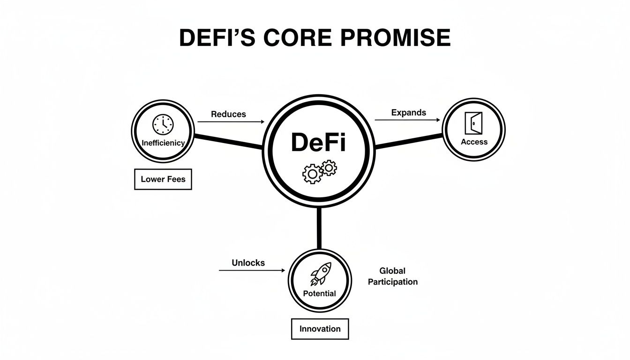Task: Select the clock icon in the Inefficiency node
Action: pyautogui.click(x=163, y=125)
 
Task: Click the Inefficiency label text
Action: pyautogui.click(x=163, y=142)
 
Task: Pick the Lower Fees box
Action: pyautogui.click(x=163, y=180)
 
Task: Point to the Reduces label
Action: pyautogui.click(x=228, y=114)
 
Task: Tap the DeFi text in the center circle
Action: pyautogui.click(x=318, y=142)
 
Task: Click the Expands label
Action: pyautogui.click(x=408, y=112)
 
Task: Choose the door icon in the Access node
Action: pyautogui.click(x=473, y=123)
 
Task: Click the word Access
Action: pyautogui.click(x=474, y=142)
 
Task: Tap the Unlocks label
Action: pyautogui.click(x=248, y=263)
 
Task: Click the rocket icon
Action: pyautogui.click(x=320, y=274)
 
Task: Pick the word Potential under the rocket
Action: pyautogui.click(x=319, y=293)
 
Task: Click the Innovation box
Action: pyautogui.click(x=320, y=329)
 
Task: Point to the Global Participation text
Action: pyautogui.click(x=392, y=276)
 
